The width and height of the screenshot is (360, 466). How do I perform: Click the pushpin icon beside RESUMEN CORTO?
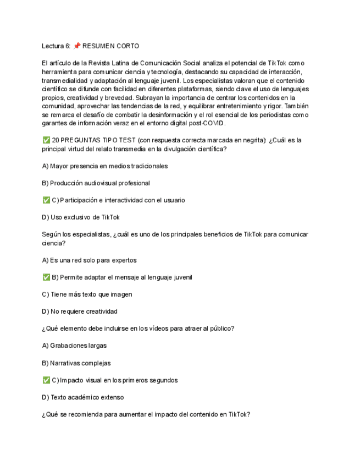(x=76, y=46)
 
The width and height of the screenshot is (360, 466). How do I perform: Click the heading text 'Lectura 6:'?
(x=56, y=46)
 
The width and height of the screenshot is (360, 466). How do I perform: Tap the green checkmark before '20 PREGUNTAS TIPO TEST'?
(x=46, y=140)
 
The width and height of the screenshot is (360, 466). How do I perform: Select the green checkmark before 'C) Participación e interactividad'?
(x=46, y=200)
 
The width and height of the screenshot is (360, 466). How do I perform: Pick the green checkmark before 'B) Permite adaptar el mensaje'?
(x=46, y=278)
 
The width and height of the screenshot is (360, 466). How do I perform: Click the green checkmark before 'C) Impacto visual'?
(x=46, y=380)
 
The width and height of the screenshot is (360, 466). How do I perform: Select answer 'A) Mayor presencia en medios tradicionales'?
(x=105, y=166)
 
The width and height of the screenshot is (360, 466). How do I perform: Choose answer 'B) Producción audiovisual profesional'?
(x=96, y=183)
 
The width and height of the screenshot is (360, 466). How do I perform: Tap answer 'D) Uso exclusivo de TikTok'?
(x=81, y=217)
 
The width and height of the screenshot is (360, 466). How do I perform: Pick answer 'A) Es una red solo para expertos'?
(x=89, y=260)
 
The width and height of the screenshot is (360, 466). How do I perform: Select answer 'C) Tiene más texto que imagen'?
(x=87, y=295)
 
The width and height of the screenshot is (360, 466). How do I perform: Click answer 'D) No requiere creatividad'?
(x=80, y=312)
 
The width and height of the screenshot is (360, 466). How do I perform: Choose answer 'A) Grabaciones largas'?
(x=74, y=346)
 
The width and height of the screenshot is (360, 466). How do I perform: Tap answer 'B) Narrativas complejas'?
(x=76, y=363)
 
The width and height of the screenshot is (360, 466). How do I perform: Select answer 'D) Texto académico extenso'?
(x=83, y=397)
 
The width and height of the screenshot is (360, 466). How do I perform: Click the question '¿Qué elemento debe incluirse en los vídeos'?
(x=138, y=329)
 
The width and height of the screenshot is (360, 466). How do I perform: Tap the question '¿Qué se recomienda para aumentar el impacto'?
(x=146, y=414)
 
